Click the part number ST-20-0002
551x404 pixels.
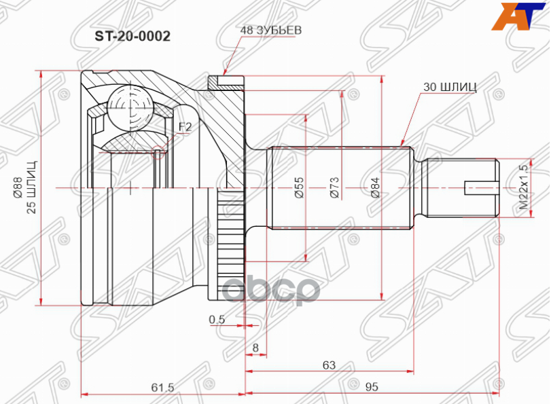(132, 36)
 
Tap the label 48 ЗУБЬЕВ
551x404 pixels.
(270, 30)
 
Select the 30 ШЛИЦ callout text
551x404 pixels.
(450, 87)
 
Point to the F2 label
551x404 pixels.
(185, 127)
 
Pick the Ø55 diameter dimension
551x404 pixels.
(299, 188)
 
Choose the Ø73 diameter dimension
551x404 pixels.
(334, 187)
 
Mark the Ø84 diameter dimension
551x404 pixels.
(375, 187)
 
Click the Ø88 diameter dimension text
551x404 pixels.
(18, 189)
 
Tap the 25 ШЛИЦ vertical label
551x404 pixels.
(32, 187)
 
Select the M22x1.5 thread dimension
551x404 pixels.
(524, 187)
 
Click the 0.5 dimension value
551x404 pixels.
(217, 319)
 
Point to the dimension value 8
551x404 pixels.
(255, 348)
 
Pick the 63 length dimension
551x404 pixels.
(329, 365)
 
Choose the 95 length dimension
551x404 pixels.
(372, 387)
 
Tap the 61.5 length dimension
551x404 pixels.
(162, 387)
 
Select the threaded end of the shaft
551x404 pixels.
(463, 187)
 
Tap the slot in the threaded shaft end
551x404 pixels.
(481, 188)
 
